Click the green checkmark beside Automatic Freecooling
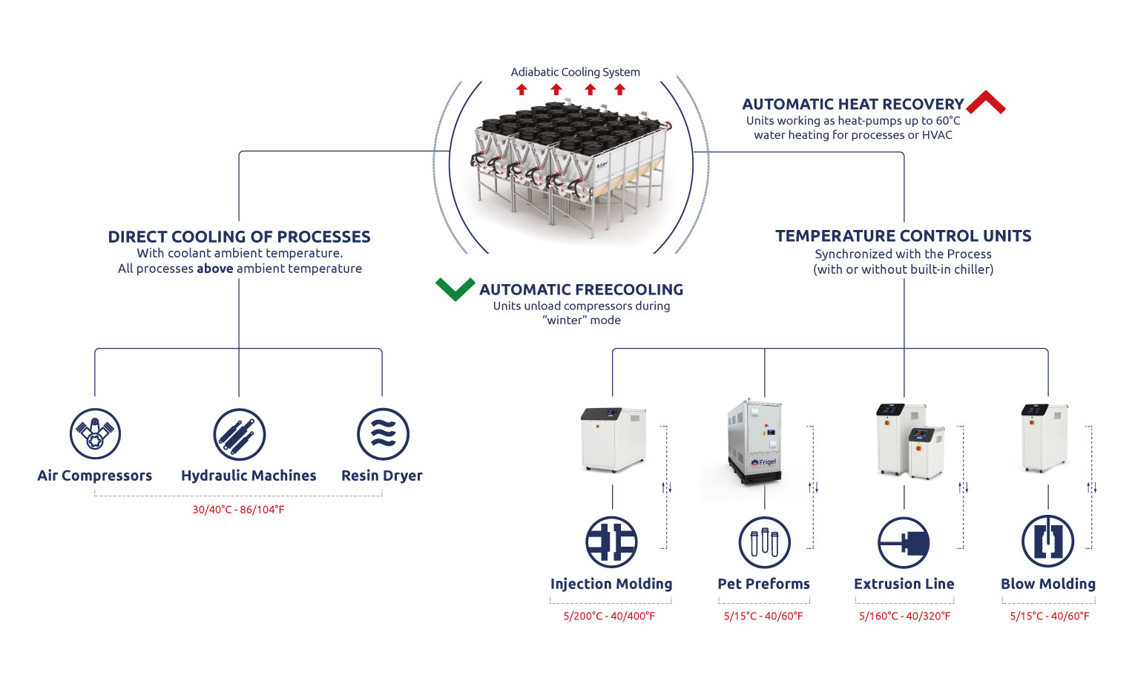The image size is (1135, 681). coord(455,289)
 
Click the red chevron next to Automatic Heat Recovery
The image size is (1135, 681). coord(986,103)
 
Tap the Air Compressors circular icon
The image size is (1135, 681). coord(95,434)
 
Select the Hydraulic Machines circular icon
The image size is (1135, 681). coord(239,434)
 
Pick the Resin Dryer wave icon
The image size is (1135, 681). coord(383,434)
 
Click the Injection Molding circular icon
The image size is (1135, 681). coord(611,542)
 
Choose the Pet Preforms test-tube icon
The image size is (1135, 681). coord(764,542)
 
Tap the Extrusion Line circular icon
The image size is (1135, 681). coord(904,542)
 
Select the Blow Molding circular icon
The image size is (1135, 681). coord(1047,542)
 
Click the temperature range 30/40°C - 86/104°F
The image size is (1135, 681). coord(238,510)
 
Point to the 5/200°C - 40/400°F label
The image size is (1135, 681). coord(609,616)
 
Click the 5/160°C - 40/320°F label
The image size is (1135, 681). coord(904,616)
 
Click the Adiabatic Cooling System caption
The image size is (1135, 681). coord(575,72)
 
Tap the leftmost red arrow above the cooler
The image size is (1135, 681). coord(522,90)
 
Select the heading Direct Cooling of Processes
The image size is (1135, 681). coord(239,237)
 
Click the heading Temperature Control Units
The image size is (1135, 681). coord(903,236)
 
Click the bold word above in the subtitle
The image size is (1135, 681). coord(214,269)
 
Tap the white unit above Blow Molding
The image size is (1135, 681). coord(1044,438)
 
